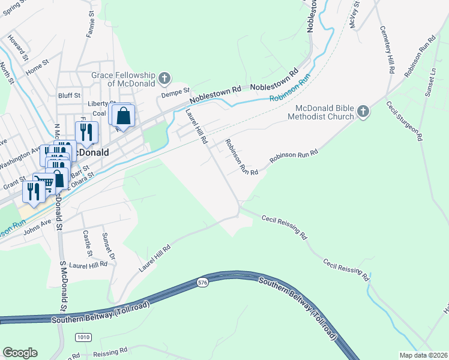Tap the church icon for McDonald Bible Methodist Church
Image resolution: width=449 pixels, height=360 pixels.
point(363,112)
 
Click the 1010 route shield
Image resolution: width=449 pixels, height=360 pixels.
point(83,337)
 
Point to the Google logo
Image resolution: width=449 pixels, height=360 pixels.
point(20,353)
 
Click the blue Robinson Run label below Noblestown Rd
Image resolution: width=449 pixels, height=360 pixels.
point(291,90)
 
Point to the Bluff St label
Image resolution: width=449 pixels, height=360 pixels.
point(69,95)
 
